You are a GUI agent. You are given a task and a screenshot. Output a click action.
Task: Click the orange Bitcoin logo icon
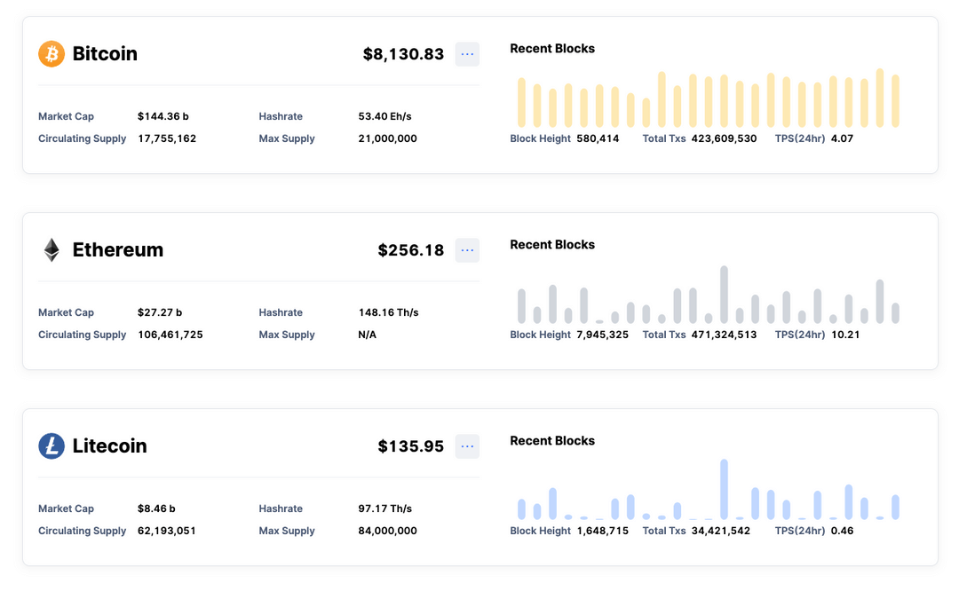[x=52, y=54]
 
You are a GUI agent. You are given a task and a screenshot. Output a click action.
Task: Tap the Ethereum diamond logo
[x=52, y=250]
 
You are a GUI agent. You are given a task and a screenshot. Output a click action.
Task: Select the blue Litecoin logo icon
[x=52, y=446]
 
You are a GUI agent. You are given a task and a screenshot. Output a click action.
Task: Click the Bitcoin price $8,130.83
[x=403, y=54]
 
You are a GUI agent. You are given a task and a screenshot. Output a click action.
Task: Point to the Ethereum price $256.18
[x=410, y=250]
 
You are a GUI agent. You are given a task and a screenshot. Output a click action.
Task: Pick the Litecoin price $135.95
[x=410, y=446]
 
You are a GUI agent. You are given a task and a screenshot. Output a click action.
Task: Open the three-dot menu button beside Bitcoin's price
[x=467, y=54]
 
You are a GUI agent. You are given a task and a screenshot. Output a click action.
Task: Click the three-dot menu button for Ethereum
[x=467, y=250]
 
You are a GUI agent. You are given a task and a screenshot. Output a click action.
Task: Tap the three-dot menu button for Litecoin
[x=467, y=446]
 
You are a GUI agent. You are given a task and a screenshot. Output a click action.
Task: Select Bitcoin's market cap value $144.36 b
[x=162, y=116]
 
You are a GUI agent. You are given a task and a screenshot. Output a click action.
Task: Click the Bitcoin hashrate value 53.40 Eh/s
[x=384, y=116]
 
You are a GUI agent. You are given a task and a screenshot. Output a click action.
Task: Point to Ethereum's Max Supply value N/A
[x=367, y=335]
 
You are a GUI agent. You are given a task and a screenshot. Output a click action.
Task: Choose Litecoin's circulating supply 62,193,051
[x=167, y=531]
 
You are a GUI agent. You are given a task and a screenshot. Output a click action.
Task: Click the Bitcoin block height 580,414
[x=598, y=138]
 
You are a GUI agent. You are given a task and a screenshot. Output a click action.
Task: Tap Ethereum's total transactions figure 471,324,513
[x=724, y=335]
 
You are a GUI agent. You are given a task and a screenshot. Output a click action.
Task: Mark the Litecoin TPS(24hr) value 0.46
[x=842, y=531]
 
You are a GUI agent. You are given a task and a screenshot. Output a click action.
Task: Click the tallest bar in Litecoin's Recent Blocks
[x=725, y=489]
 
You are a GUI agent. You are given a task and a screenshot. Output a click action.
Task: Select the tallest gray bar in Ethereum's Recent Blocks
[x=725, y=295]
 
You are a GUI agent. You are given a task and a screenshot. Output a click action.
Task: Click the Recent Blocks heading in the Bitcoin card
[x=552, y=49]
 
